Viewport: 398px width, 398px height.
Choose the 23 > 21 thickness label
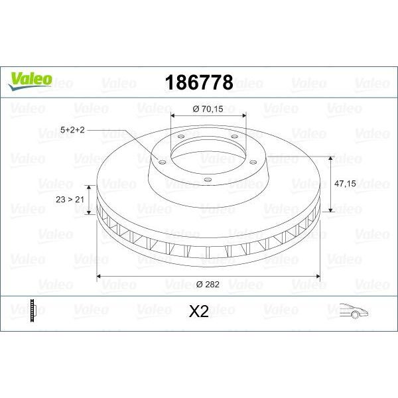(x=68, y=198)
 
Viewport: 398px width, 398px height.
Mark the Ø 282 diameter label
(x=208, y=284)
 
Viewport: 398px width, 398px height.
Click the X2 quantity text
(x=198, y=311)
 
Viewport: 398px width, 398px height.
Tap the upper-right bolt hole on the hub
(x=234, y=138)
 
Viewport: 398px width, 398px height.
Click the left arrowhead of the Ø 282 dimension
(x=100, y=275)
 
